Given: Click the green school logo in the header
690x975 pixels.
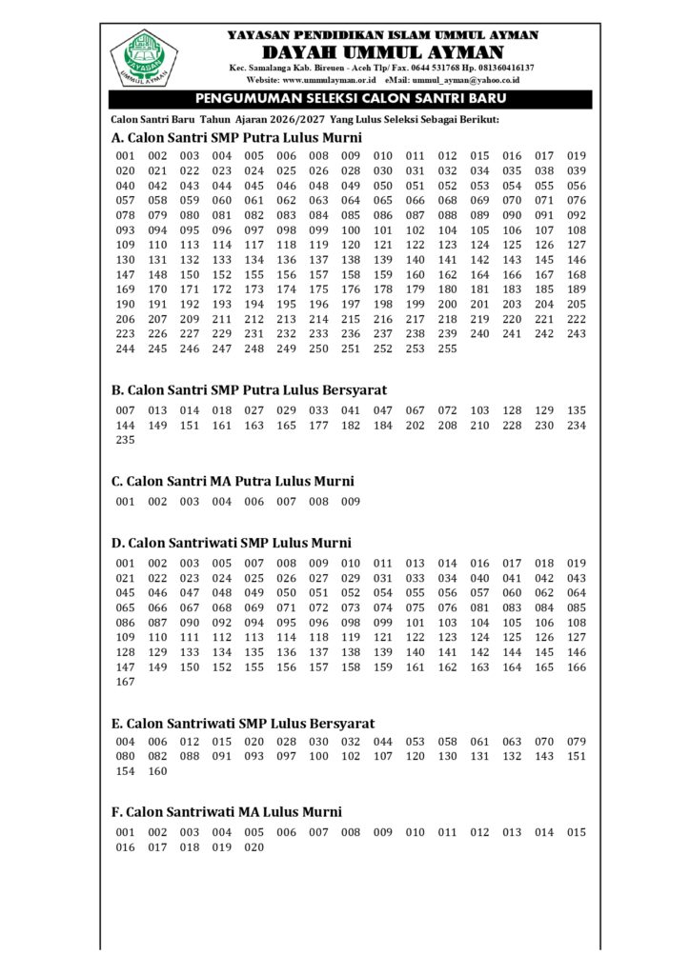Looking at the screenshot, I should coord(143,58).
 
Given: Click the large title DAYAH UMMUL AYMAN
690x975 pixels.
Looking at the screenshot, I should coord(382,51).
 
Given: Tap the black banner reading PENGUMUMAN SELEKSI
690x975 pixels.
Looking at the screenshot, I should coord(350,99).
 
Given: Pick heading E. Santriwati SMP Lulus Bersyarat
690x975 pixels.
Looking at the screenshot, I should coord(243,724).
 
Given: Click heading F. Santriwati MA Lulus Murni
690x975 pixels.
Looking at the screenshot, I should coord(227,812).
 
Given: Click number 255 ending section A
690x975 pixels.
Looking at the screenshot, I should coord(448,349).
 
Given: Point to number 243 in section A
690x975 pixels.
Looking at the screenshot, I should coord(577,334).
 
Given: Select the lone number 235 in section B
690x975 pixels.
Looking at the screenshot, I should coord(125,441).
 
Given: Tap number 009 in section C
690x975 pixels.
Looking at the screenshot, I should coord(351,502).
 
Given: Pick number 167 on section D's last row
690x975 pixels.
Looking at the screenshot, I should coord(125,683).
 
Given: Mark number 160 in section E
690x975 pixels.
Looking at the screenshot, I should coord(157,772).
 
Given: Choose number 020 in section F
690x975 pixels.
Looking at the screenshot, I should coord(254,847).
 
